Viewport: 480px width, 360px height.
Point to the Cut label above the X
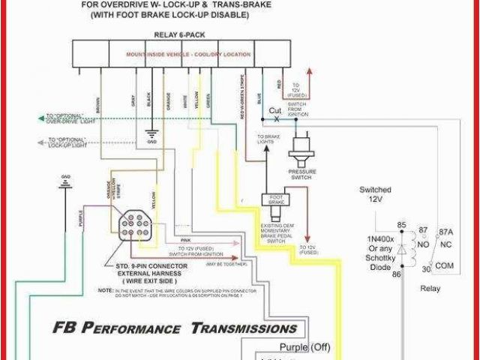[x=276, y=110]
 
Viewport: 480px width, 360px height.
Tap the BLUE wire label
[x=259, y=97]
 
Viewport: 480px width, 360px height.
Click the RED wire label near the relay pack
[x=279, y=82]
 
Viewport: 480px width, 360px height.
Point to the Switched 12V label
[x=376, y=195]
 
